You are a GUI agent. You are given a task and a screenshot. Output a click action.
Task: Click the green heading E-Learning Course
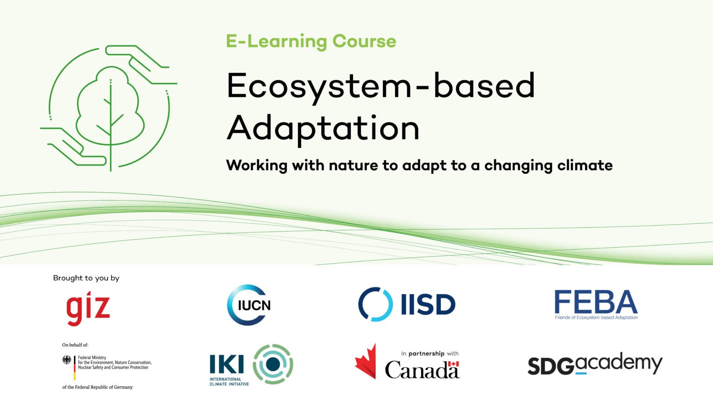click(311, 41)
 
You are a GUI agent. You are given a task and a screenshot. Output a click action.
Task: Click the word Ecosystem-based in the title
click(381, 86)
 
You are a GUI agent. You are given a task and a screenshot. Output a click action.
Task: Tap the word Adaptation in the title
click(323, 128)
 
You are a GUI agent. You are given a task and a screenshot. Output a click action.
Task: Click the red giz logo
click(88, 309)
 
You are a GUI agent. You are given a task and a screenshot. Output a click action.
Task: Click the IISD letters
click(428, 305)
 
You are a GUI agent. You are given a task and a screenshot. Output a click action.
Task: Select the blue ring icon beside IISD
click(375, 304)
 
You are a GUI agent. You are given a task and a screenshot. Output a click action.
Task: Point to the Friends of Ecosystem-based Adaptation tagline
click(596, 317)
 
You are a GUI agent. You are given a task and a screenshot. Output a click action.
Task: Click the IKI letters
click(227, 364)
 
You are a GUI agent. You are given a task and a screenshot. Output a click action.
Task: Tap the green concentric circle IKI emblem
click(273, 364)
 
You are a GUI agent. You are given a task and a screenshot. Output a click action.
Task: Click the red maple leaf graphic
click(366, 362)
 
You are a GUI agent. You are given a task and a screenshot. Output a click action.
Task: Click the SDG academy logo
click(595, 365)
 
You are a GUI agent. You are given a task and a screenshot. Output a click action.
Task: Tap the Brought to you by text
click(86, 278)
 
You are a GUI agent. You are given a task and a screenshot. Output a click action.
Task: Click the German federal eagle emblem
click(67, 360)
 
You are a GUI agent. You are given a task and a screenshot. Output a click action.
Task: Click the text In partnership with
click(430, 354)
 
